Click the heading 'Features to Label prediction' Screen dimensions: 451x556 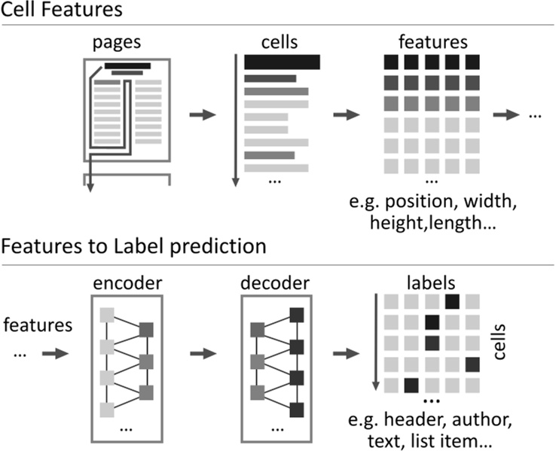[133, 246]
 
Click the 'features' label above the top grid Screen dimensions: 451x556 [431, 43]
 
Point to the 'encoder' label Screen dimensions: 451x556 [127, 283]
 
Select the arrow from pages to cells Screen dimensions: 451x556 [201, 114]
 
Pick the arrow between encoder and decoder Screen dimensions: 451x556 [201, 354]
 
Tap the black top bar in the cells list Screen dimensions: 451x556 [283, 62]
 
